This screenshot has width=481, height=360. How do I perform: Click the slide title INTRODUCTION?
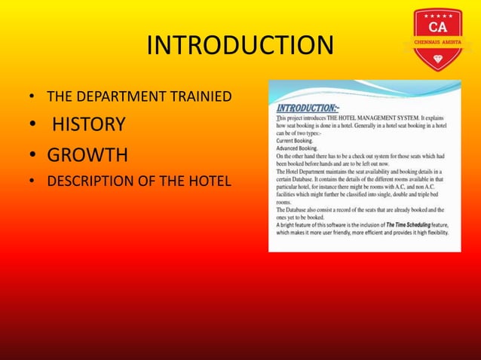[x=240, y=46]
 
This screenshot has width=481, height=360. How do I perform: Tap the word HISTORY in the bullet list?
[x=88, y=124]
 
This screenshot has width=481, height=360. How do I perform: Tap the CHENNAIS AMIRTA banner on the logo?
[x=438, y=43]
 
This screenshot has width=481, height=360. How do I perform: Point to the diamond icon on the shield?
[x=438, y=56]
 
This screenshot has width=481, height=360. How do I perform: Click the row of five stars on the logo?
[x=438, y=16]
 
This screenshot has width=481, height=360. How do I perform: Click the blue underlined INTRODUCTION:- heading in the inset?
[x=306, y=108]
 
